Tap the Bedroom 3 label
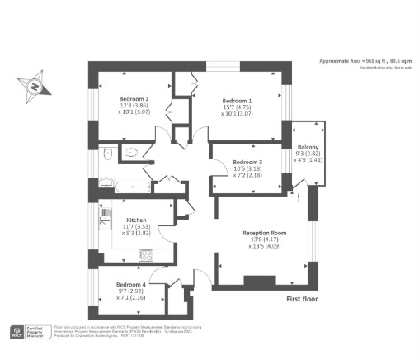click(247, 162)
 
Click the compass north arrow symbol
click(35, 85)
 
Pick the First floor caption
click(302, 299)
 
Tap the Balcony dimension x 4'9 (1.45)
click(308, 159)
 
